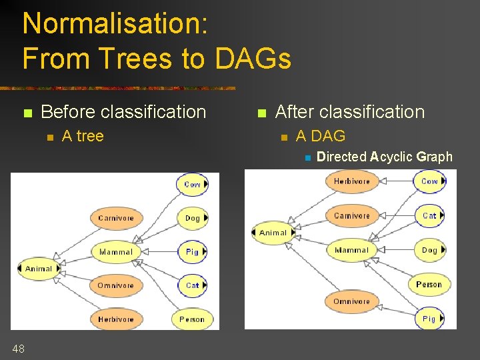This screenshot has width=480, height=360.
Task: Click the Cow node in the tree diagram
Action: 192,184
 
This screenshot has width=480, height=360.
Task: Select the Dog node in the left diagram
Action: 192,218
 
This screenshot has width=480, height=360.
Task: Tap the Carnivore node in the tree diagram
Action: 116,218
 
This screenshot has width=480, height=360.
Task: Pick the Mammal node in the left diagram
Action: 116,252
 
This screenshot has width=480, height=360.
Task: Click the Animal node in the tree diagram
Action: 39,269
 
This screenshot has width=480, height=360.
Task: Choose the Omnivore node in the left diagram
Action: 116,285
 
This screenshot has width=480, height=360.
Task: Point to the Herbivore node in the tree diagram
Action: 116,319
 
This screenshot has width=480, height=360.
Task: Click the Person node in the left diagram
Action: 192,319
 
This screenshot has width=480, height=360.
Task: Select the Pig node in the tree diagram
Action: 192,252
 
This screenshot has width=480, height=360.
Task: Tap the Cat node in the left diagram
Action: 192,285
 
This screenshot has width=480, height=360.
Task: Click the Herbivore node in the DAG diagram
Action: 351,181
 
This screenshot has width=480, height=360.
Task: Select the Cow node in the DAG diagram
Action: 429,181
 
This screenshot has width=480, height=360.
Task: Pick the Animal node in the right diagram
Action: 273,233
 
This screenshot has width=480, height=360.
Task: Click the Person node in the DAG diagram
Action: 429,285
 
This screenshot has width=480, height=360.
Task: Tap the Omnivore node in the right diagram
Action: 351,301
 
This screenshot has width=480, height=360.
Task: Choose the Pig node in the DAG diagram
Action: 429,319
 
